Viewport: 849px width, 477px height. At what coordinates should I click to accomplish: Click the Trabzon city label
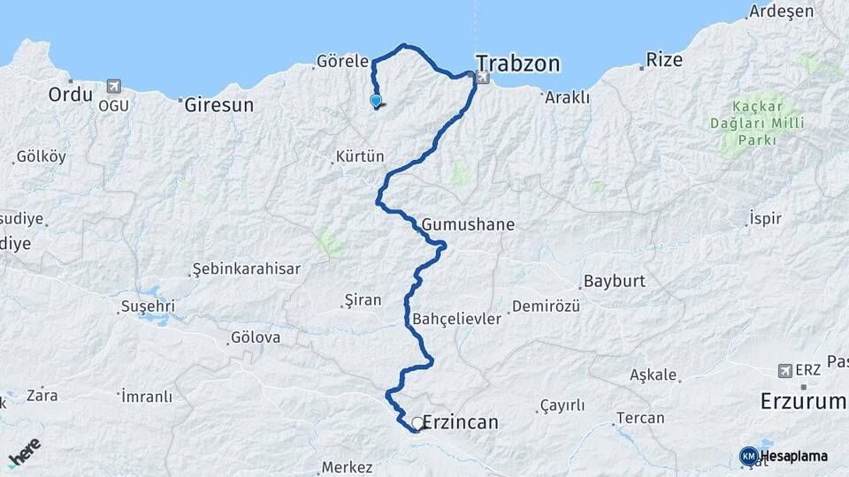pyautogui.click(x=518, y=64)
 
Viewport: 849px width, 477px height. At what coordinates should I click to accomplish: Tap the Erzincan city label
pyautogui.click(x=460, y=422)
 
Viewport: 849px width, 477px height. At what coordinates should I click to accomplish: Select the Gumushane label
pyautogui.click(x=468, y=224)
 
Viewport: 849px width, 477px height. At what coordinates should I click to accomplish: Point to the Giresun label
pyautogui.click(x=219, y=104)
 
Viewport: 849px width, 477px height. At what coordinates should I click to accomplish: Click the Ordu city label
pyautogui.click(x=71, y=94)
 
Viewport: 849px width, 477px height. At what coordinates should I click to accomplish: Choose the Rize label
pyautogui.click(x=664, y=60)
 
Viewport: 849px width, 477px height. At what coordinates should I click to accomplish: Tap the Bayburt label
pyautogui.click(x=614, y=283)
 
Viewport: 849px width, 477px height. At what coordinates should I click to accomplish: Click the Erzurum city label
pyautogui.click(x=803, y=402)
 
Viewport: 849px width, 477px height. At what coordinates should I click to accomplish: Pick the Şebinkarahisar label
pyautogui.click(x=247, y=269)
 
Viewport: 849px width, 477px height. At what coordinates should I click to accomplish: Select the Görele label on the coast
pyautogui.click(x=341, y=62)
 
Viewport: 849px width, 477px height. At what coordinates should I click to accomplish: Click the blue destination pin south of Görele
pyautogui.click(x=376, y=101)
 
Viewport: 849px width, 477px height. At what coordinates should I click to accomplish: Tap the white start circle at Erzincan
pyautogui.click(x=417, y=423)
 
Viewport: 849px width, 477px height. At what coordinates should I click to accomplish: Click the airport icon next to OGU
pyautogui.click(x=113, y=87)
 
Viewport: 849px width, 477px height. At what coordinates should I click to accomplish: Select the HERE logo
pyautogui.click(x=24, y=452)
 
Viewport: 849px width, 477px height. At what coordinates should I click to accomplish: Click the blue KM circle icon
pyautogui.click(x=749, y=456)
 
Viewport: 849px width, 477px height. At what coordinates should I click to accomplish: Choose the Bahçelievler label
pyautogui.click(x=456, y=318)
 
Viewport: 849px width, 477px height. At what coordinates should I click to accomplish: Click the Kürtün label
pyautogui.click(x=360, y=157)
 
